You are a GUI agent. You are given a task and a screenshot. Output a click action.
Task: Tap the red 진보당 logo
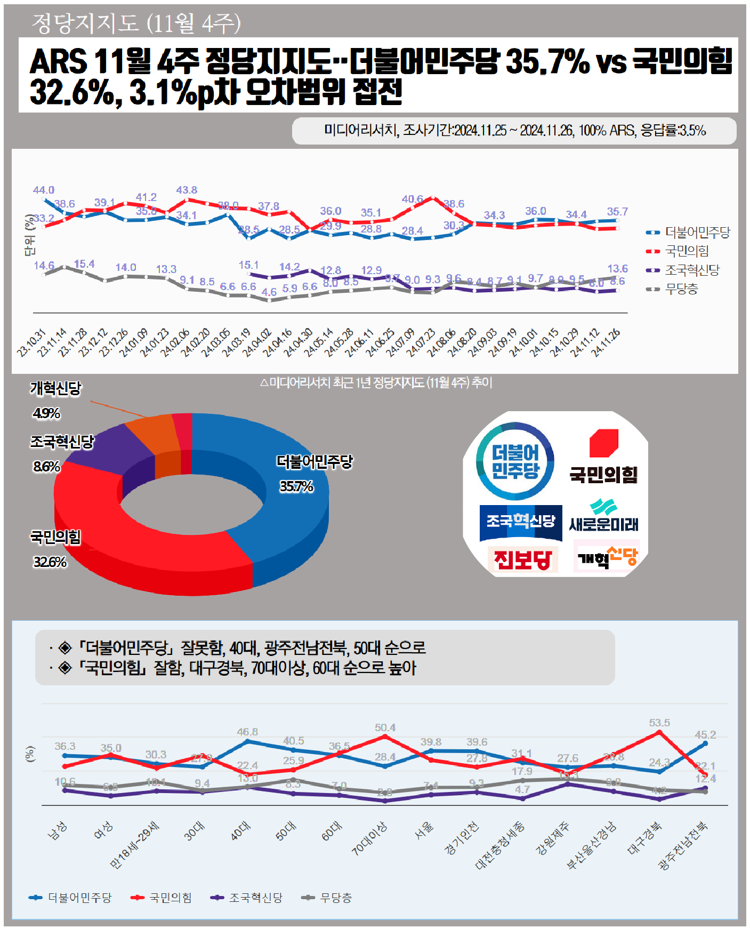[522, 559]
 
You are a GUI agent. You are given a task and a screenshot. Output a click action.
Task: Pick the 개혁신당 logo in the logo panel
[607, 557]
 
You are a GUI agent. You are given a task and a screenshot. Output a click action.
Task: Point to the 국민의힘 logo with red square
[603, 457]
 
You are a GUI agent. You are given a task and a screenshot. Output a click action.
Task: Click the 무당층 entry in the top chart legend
[681, 289]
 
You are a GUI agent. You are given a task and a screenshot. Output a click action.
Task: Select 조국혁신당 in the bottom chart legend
[255, 898]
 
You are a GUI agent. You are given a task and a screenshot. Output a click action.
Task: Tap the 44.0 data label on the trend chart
[44, 190]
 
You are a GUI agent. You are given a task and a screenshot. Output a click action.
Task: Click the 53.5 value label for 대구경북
[659, 723]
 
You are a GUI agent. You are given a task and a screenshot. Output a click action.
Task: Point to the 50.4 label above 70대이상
[385, 727]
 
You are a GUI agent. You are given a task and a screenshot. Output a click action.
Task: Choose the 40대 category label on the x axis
[240, 831]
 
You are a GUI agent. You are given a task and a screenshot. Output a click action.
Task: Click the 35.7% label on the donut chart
[296, 486]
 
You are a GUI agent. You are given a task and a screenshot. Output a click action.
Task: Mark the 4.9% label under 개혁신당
[46, 413]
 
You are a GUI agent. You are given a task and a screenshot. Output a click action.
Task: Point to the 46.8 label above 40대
[247, 732]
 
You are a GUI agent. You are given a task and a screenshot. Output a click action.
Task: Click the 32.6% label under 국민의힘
[50, 562]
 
